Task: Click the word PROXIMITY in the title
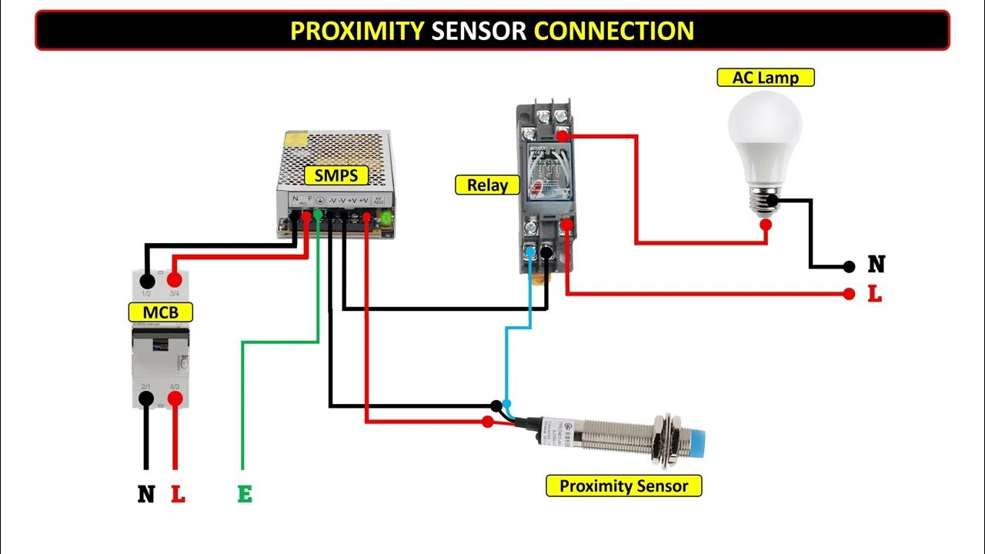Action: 356,31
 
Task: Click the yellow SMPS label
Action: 336,175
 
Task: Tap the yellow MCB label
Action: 160,312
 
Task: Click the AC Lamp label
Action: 765,78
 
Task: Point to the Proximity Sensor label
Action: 623,486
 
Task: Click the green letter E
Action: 245,494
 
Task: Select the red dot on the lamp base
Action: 766,225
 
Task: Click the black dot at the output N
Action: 849,267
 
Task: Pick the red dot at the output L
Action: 849,294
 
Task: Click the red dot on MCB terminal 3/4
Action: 175,279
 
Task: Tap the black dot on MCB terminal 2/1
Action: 145,399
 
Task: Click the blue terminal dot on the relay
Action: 530,252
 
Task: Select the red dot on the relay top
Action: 563,137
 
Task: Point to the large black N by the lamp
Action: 876,265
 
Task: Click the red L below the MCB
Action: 178,494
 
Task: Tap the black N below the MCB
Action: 146,494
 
